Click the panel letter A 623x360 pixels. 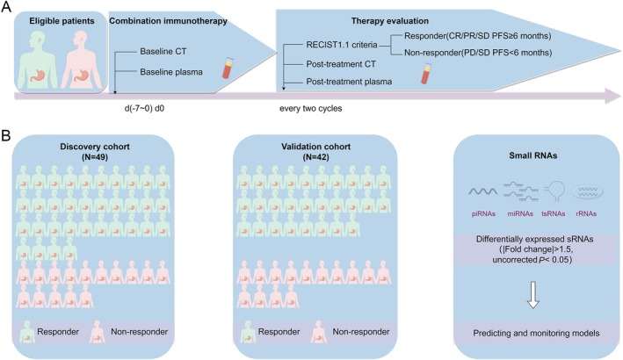coord(6,7)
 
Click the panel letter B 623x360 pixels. coord(6,136)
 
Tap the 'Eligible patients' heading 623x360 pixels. coord(62,21)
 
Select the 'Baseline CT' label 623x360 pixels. coord(163,51)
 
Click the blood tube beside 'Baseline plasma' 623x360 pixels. coord(228,68)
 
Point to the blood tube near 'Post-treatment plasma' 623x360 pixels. coord(426,74)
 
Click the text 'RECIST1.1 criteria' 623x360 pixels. coord(341,45)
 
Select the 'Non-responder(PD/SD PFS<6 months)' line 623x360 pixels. coord(478,53)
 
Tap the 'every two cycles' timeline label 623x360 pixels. coord(311,108)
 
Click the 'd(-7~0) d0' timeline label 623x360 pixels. coord(144,108)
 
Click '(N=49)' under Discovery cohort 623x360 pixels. coord(95,157)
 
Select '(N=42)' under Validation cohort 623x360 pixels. coord(315,157)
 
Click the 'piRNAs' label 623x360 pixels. coord(483,213)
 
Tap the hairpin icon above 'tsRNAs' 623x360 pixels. coord(554,191)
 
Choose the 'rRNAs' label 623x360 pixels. coord(586,213)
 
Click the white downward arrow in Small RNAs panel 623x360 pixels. coord(532,295)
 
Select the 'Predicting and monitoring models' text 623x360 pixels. coord(536,333)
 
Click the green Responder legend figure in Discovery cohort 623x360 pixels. coord(27,332)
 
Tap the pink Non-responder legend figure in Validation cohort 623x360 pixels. coord(319,332)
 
